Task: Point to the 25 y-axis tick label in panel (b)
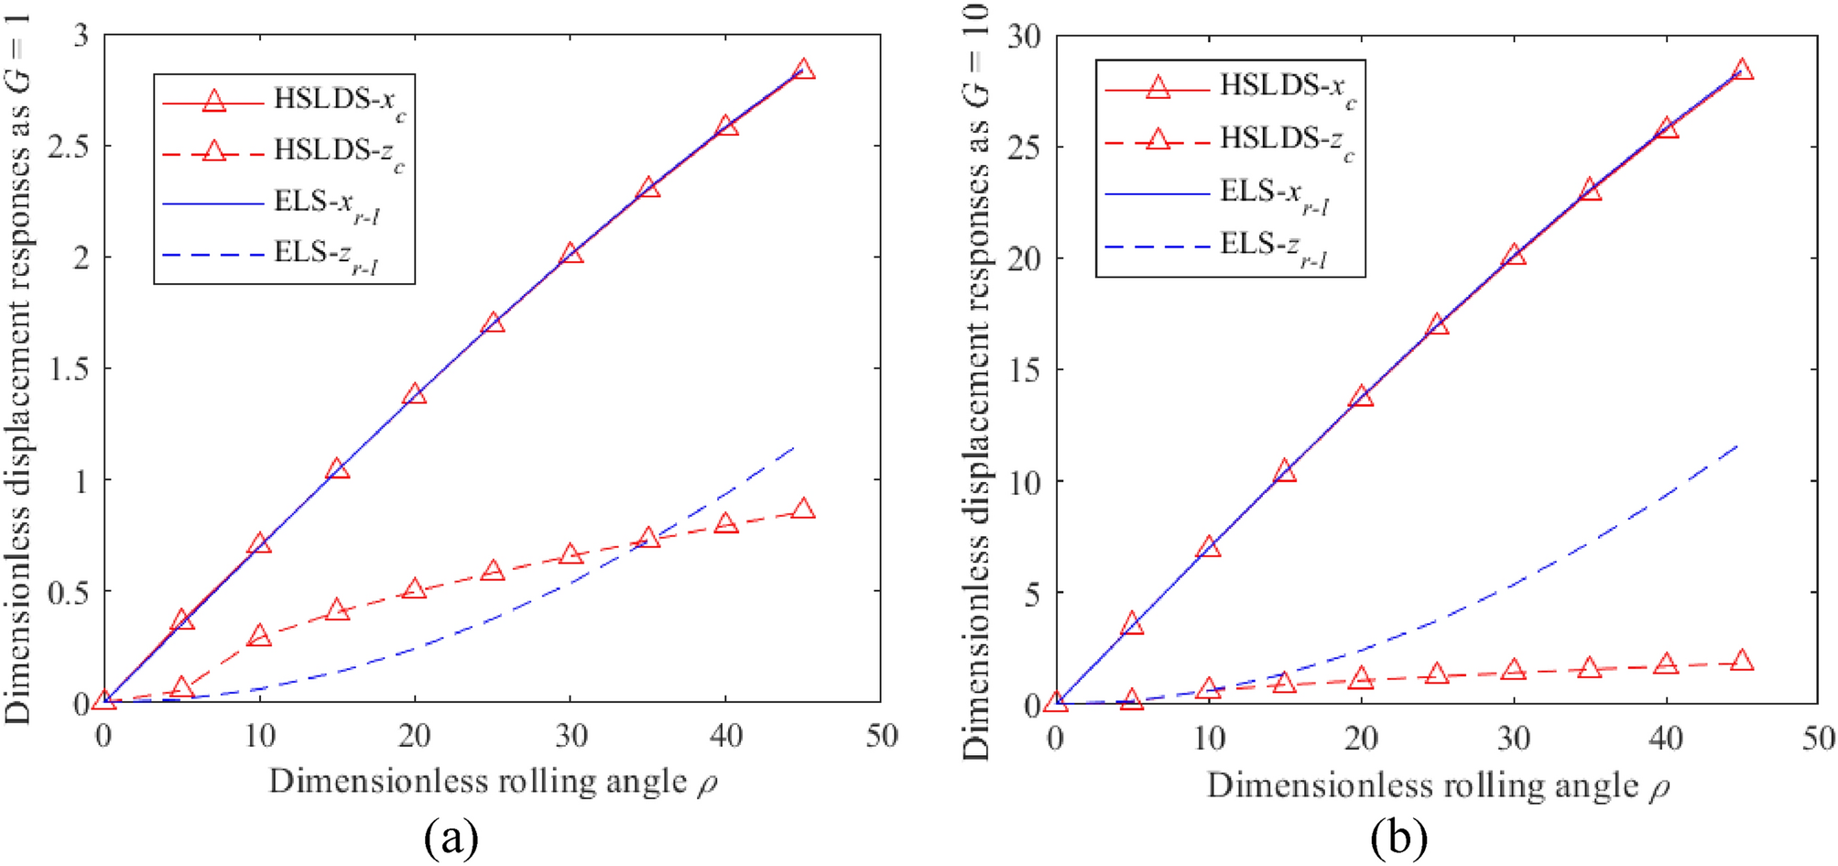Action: (x=1024, y=147)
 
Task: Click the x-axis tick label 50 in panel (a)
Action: (x=881, y=736)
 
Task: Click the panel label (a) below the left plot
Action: (x=451, y=837)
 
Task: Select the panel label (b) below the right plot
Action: (x=1398, y=837)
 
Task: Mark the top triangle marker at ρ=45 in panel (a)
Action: (x=803, y=70)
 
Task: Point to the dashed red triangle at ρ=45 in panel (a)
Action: (x=803, y=509)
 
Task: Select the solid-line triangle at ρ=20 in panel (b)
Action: (x=1361, y=397)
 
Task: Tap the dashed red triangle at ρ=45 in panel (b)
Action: (x=1742, y=661)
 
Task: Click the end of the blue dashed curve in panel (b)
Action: (x=1738, y=444)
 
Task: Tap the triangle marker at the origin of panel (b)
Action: (x=1056, y=702)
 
